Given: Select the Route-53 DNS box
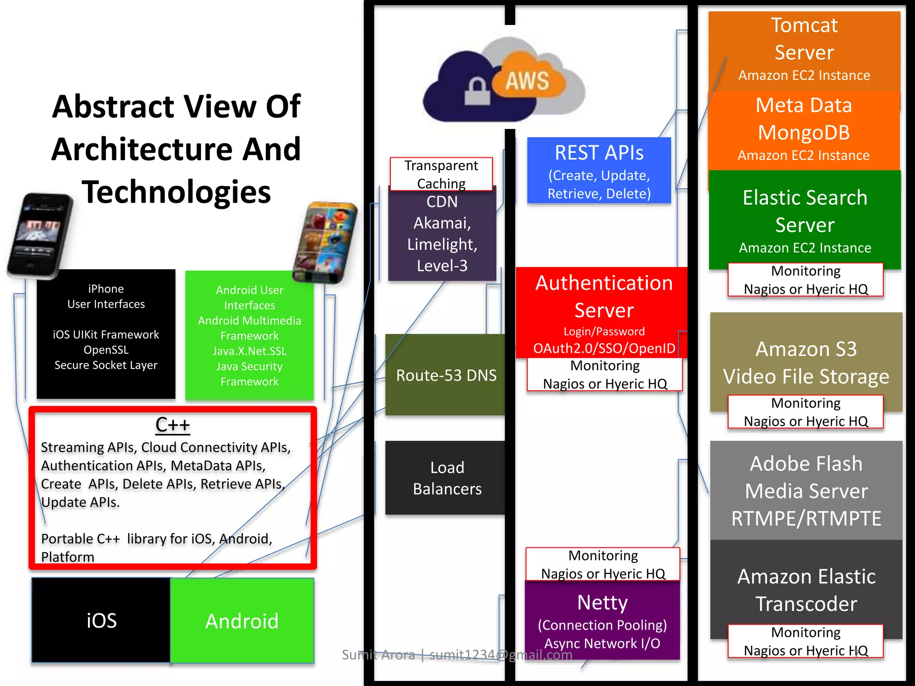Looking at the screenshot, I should tap(445, 375).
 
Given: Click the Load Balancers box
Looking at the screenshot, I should tap(446, 478).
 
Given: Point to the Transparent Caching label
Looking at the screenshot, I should tap(441, 174).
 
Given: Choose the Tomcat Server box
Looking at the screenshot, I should tap(804, 49).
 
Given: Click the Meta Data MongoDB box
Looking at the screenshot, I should tap(804, 130).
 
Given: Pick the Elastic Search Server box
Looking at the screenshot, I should tap(805, 219).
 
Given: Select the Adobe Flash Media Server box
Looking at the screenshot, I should tap(806, 490).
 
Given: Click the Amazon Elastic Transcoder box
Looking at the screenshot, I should tap(806, 585).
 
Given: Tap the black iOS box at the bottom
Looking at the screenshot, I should tap(101, 620).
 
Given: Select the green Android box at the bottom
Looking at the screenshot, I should tap(242, 621).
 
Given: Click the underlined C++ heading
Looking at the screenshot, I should tap(172, 425).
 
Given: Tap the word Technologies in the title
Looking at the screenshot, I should tap(176, 192).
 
